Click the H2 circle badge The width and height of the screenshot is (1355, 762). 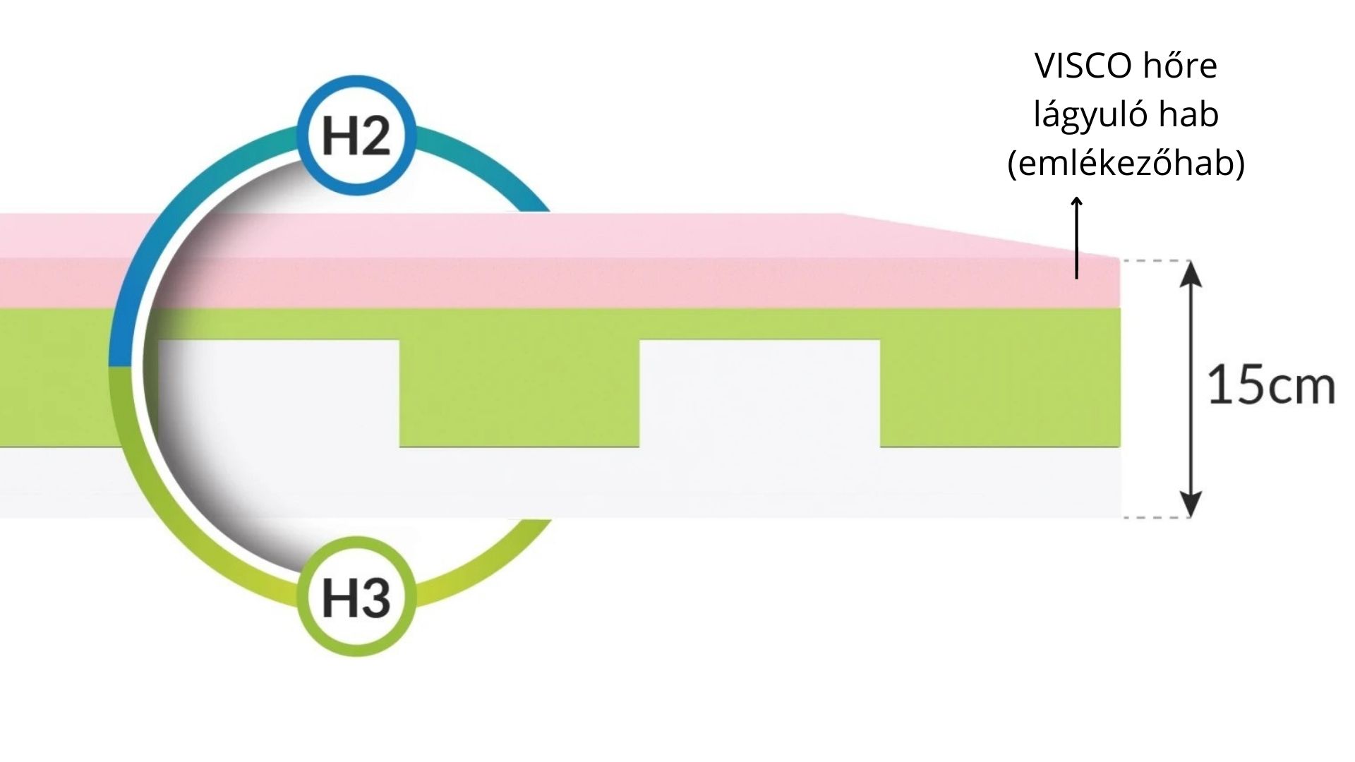click(x=356, y=135)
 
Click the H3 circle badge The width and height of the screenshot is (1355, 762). click(x=356, y=596)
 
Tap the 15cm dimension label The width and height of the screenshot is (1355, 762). click(x=1271, y=387)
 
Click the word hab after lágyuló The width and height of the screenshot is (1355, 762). click(x=1192, y=115)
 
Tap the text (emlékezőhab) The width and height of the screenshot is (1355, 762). click(x=1126, y=164)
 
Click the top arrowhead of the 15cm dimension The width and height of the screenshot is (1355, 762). click(x=1191, y=272)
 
